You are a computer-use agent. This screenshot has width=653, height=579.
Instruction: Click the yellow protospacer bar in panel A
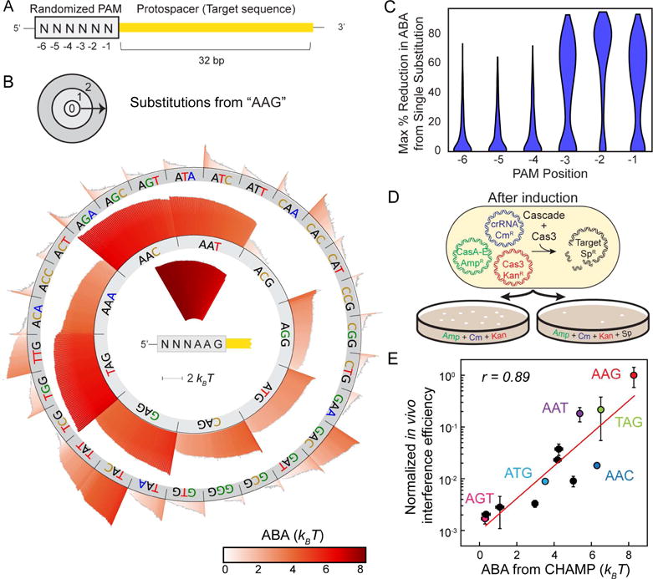click(x=217, y=27)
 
